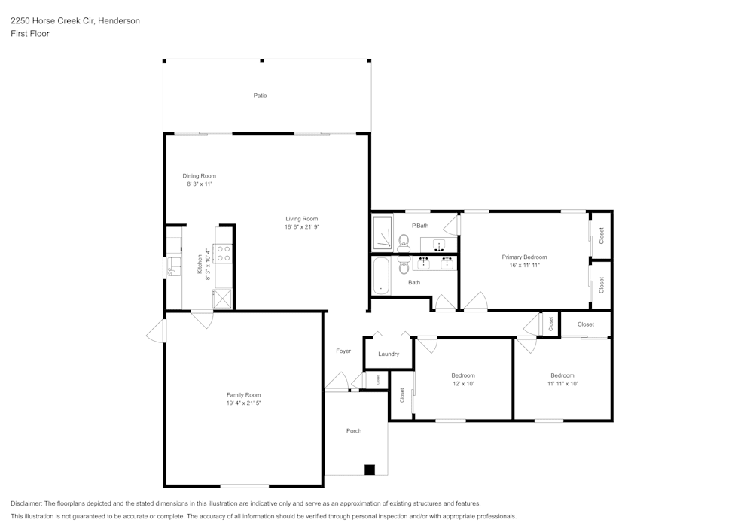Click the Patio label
(260, 96)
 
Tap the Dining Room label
(199, 176)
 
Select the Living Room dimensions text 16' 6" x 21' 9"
(301, 227)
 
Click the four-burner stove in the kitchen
(224, 254)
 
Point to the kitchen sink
(174, 265)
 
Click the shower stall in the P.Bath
(383, 232)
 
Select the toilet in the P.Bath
(403, 242)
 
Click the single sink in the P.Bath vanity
(438, 243)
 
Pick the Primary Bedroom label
(524, 257)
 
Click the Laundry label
(389, 354)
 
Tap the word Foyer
(343, 351)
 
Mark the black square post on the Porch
(369, 470)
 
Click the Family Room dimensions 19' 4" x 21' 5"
(243, 403)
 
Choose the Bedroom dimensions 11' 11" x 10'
(562, 384)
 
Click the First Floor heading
(30, 34)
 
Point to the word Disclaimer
(26, 503)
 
